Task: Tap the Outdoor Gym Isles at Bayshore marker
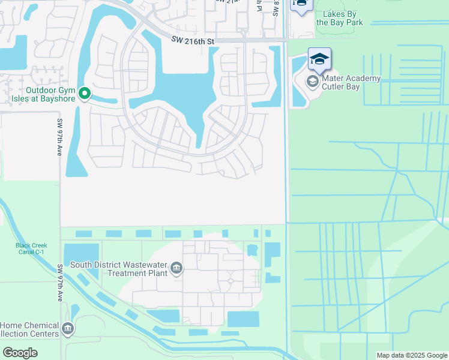pos(85,93)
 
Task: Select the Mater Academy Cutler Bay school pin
pos(312,81)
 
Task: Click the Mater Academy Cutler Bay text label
pos(352,83)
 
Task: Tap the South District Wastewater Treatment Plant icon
pos(176,267)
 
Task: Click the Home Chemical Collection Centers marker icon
pos(67,328)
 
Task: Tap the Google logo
pos(20,353)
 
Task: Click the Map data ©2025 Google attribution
pos(411,355)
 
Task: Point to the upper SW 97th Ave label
pos(60,138)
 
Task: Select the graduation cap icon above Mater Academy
pos(320,59)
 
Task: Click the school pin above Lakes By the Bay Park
pos(300,4)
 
